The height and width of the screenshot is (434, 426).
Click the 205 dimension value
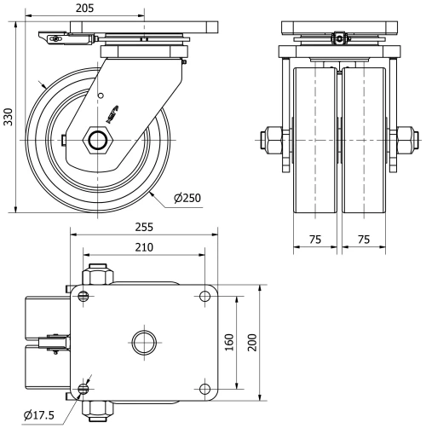coord(83,8)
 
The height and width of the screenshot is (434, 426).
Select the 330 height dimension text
coord(8,117)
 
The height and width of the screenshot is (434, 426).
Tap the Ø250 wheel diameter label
coord(187,199)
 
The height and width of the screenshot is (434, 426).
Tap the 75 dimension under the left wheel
coord(314,240)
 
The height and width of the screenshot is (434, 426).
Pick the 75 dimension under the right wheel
coord(364,240)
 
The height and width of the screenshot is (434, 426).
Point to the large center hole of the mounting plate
coord(144,343)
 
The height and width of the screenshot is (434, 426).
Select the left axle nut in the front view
coord(274,137)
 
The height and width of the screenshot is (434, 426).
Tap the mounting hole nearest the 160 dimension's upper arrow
coord(204,296)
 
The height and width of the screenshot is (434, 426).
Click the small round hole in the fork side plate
coord(101,95)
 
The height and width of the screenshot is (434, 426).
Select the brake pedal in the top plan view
coord(53,343)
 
